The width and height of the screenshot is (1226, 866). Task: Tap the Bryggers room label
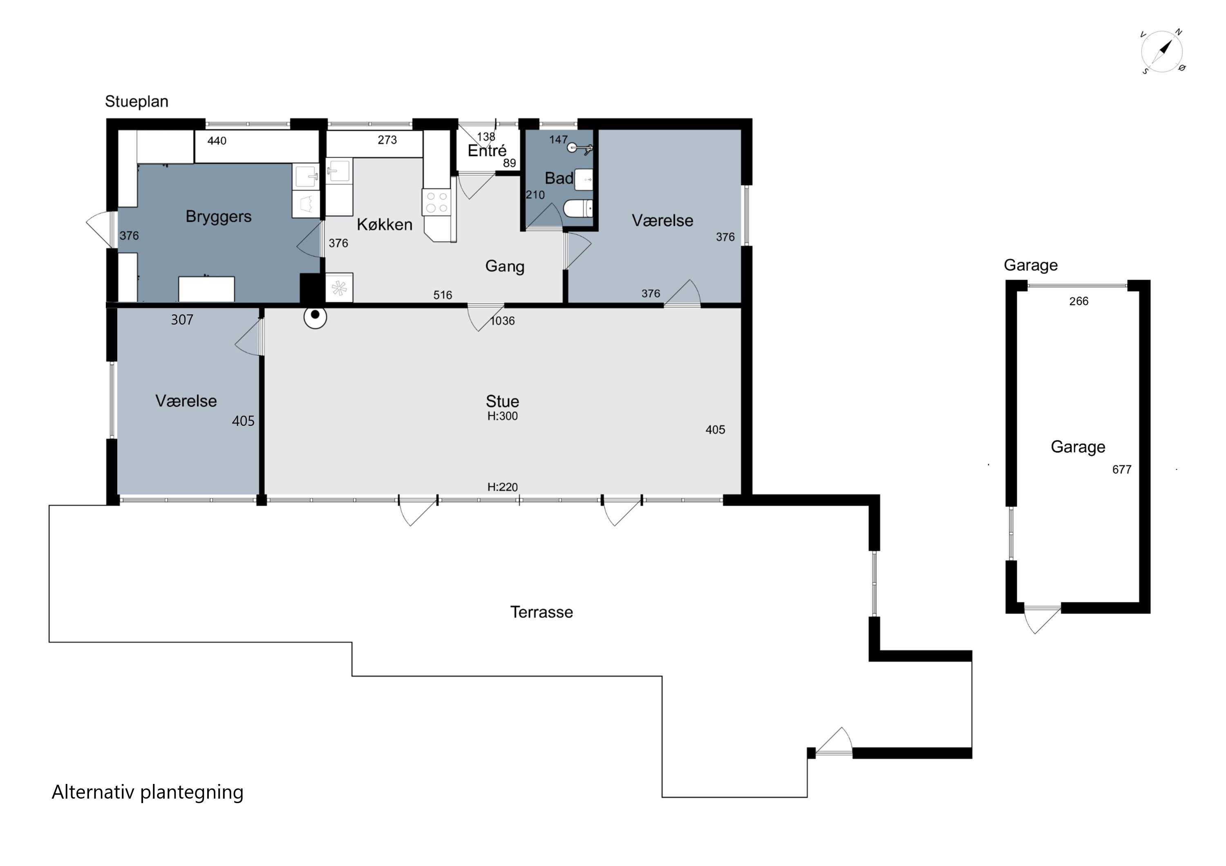[x=218, y=217]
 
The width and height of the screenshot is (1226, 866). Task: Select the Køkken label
[x=385, y=224]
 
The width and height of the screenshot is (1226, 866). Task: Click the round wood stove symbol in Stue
[x=315, y=317]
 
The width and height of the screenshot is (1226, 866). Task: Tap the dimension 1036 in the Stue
[x=503, y=321]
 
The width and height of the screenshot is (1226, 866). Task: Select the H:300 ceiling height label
[x=503, y=416]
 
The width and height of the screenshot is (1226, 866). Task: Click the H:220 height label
[x=503, y=487]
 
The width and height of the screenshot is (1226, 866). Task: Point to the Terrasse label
[x=541, y=612]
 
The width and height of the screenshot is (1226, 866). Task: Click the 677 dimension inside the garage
[x=1121, y=470]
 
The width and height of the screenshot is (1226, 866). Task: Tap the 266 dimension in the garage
[x=1078, y=301]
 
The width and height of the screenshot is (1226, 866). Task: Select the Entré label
[x=487, y=151]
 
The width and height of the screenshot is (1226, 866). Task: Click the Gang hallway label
[x=505, y=266]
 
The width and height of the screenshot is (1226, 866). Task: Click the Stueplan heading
[x=136, y=101]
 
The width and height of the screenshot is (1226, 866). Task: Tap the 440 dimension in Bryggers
[x=217, y=141]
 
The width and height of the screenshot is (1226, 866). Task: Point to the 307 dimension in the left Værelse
[x=182, y=320]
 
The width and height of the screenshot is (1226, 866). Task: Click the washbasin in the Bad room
[x=584, y=179]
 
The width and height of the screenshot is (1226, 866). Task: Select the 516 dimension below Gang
[x=443, y=295]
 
